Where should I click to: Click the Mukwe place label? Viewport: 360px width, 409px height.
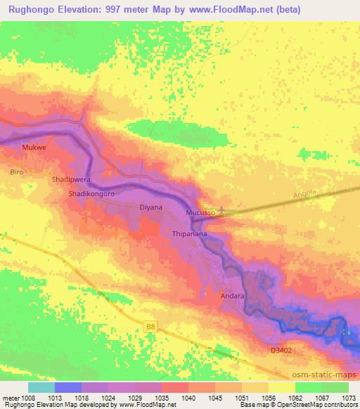(34, 148)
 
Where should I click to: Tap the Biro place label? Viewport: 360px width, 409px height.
(17, 171)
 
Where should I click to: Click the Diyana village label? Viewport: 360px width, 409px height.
(150, 207)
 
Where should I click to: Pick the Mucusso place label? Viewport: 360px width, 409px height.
(199, 212)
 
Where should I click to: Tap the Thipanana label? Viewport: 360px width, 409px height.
(188, 233)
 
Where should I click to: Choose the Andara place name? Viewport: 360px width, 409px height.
(232, 297)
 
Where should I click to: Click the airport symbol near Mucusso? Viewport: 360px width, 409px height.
(224, 209)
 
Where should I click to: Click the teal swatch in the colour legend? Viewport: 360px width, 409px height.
(41, 387)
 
